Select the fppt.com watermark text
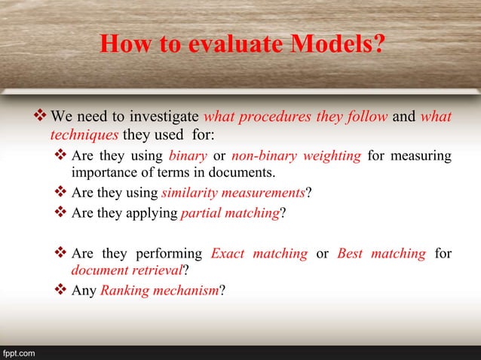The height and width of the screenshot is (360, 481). click(x=17, y=352)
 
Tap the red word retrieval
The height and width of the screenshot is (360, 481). click(x=159, y=270)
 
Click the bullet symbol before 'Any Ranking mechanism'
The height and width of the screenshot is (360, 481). click(x=61, y=290)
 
